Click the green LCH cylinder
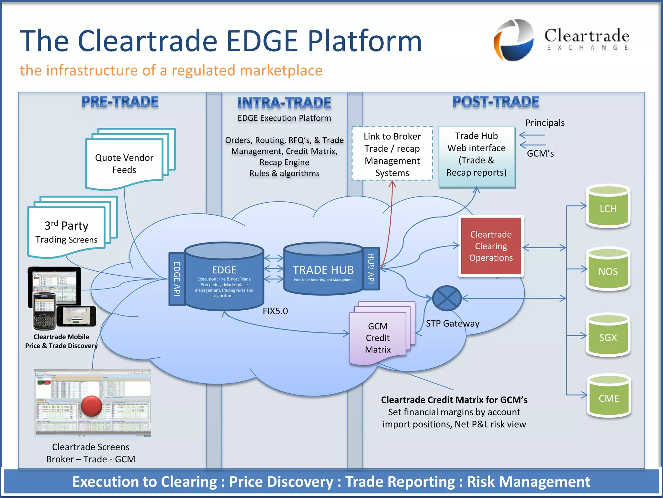[608, 207]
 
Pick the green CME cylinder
[609, 397]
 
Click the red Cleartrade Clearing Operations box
[491, 246]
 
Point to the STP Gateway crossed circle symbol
[447, 298]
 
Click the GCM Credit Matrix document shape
[378, 338]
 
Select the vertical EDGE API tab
[177, 279]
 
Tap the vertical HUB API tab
[371, 268]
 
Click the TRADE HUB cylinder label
[323, 270]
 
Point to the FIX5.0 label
[275, 311]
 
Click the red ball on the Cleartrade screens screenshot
[92, 406]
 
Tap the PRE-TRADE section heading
[120, 102]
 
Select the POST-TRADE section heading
[496, 102]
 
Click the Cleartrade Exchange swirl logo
[514, 40]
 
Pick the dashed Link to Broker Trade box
[392, 154]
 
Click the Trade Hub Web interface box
[477, 154]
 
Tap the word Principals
[545, 123]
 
